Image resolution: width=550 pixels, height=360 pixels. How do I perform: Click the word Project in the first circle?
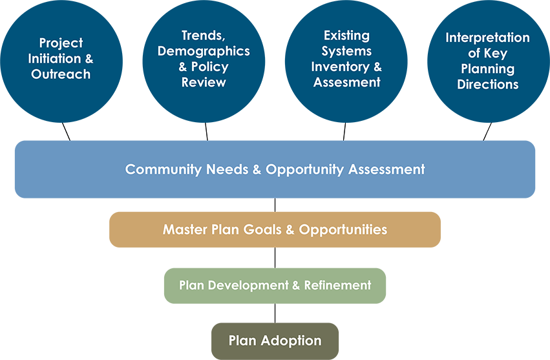coord(61,43)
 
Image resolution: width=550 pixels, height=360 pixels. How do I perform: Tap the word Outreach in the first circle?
coord(61,74)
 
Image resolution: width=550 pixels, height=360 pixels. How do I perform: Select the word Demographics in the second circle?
coord(204,51)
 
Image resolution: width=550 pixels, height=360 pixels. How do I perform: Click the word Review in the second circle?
coord(204,82)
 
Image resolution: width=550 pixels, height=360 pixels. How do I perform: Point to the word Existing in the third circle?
coord(346,36)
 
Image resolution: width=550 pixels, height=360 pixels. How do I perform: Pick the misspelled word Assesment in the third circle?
coord(346,82)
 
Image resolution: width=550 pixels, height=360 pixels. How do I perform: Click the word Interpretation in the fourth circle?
coord(487,38)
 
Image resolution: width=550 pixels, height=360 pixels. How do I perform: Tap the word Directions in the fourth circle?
coord(487,84)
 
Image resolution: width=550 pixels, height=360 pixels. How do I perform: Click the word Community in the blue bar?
coord(163,169)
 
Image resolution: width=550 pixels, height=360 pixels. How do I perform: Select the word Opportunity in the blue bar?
coord(304,170)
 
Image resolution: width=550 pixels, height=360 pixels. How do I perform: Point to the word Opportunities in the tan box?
coord(343,230)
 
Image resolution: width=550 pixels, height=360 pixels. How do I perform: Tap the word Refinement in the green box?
coord(337,285)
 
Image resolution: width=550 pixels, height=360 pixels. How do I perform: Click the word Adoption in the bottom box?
coord(291,341)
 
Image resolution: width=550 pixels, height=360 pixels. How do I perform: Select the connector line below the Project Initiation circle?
coord(67,132)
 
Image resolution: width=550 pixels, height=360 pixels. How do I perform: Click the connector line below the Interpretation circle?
coord(487,132)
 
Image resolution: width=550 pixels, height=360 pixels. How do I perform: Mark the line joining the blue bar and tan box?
coord(275,205)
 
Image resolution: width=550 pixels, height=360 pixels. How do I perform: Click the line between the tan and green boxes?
coord(275,258)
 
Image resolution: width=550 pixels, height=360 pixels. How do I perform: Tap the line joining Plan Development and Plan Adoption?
coord(275,313)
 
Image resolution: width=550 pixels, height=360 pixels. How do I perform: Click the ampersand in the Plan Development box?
coord(296,285)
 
